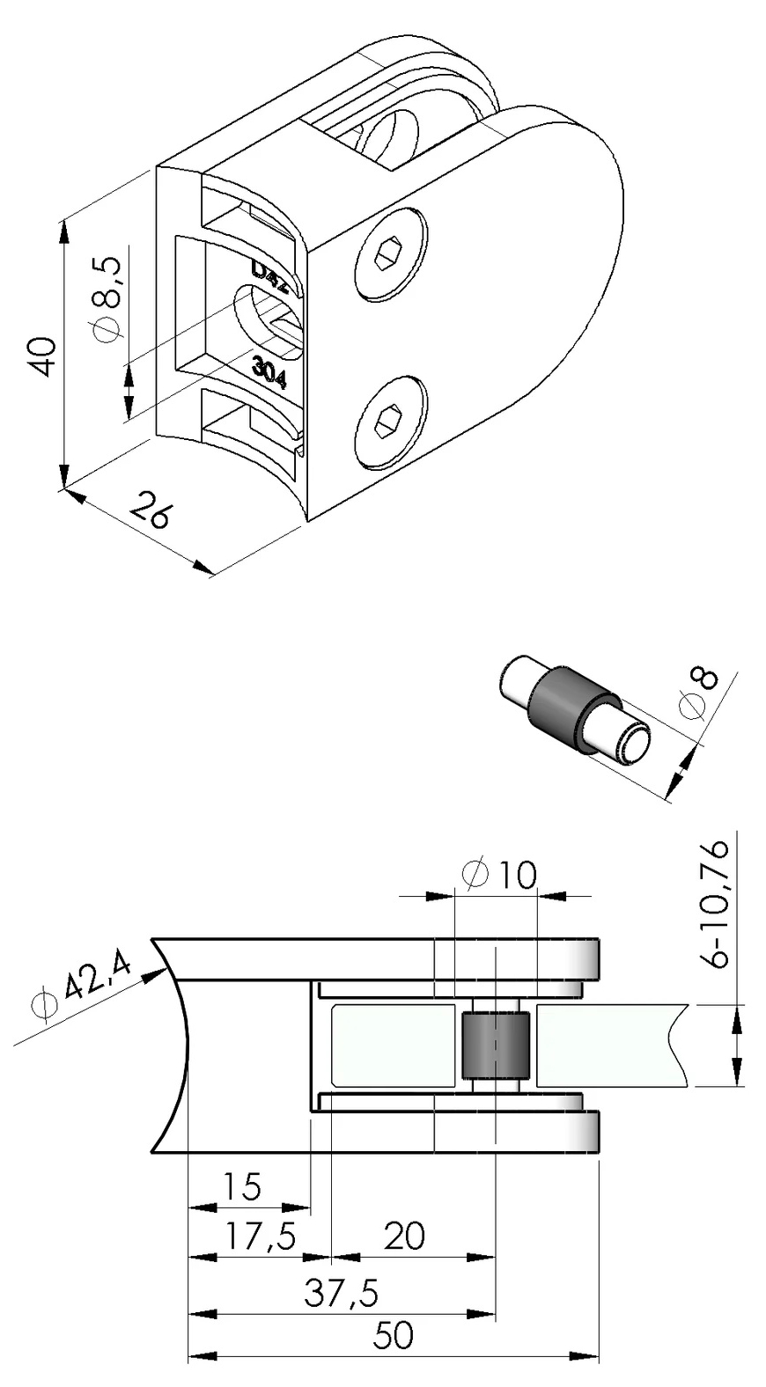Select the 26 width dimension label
[149, 510]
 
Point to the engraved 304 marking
[269, 371]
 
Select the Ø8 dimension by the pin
[700, 695]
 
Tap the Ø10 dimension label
[498, 875]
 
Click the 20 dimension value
[405, 1237]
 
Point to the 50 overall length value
[394, 1336]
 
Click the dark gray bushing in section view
[495, 1046]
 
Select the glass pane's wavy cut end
[679, 1046]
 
